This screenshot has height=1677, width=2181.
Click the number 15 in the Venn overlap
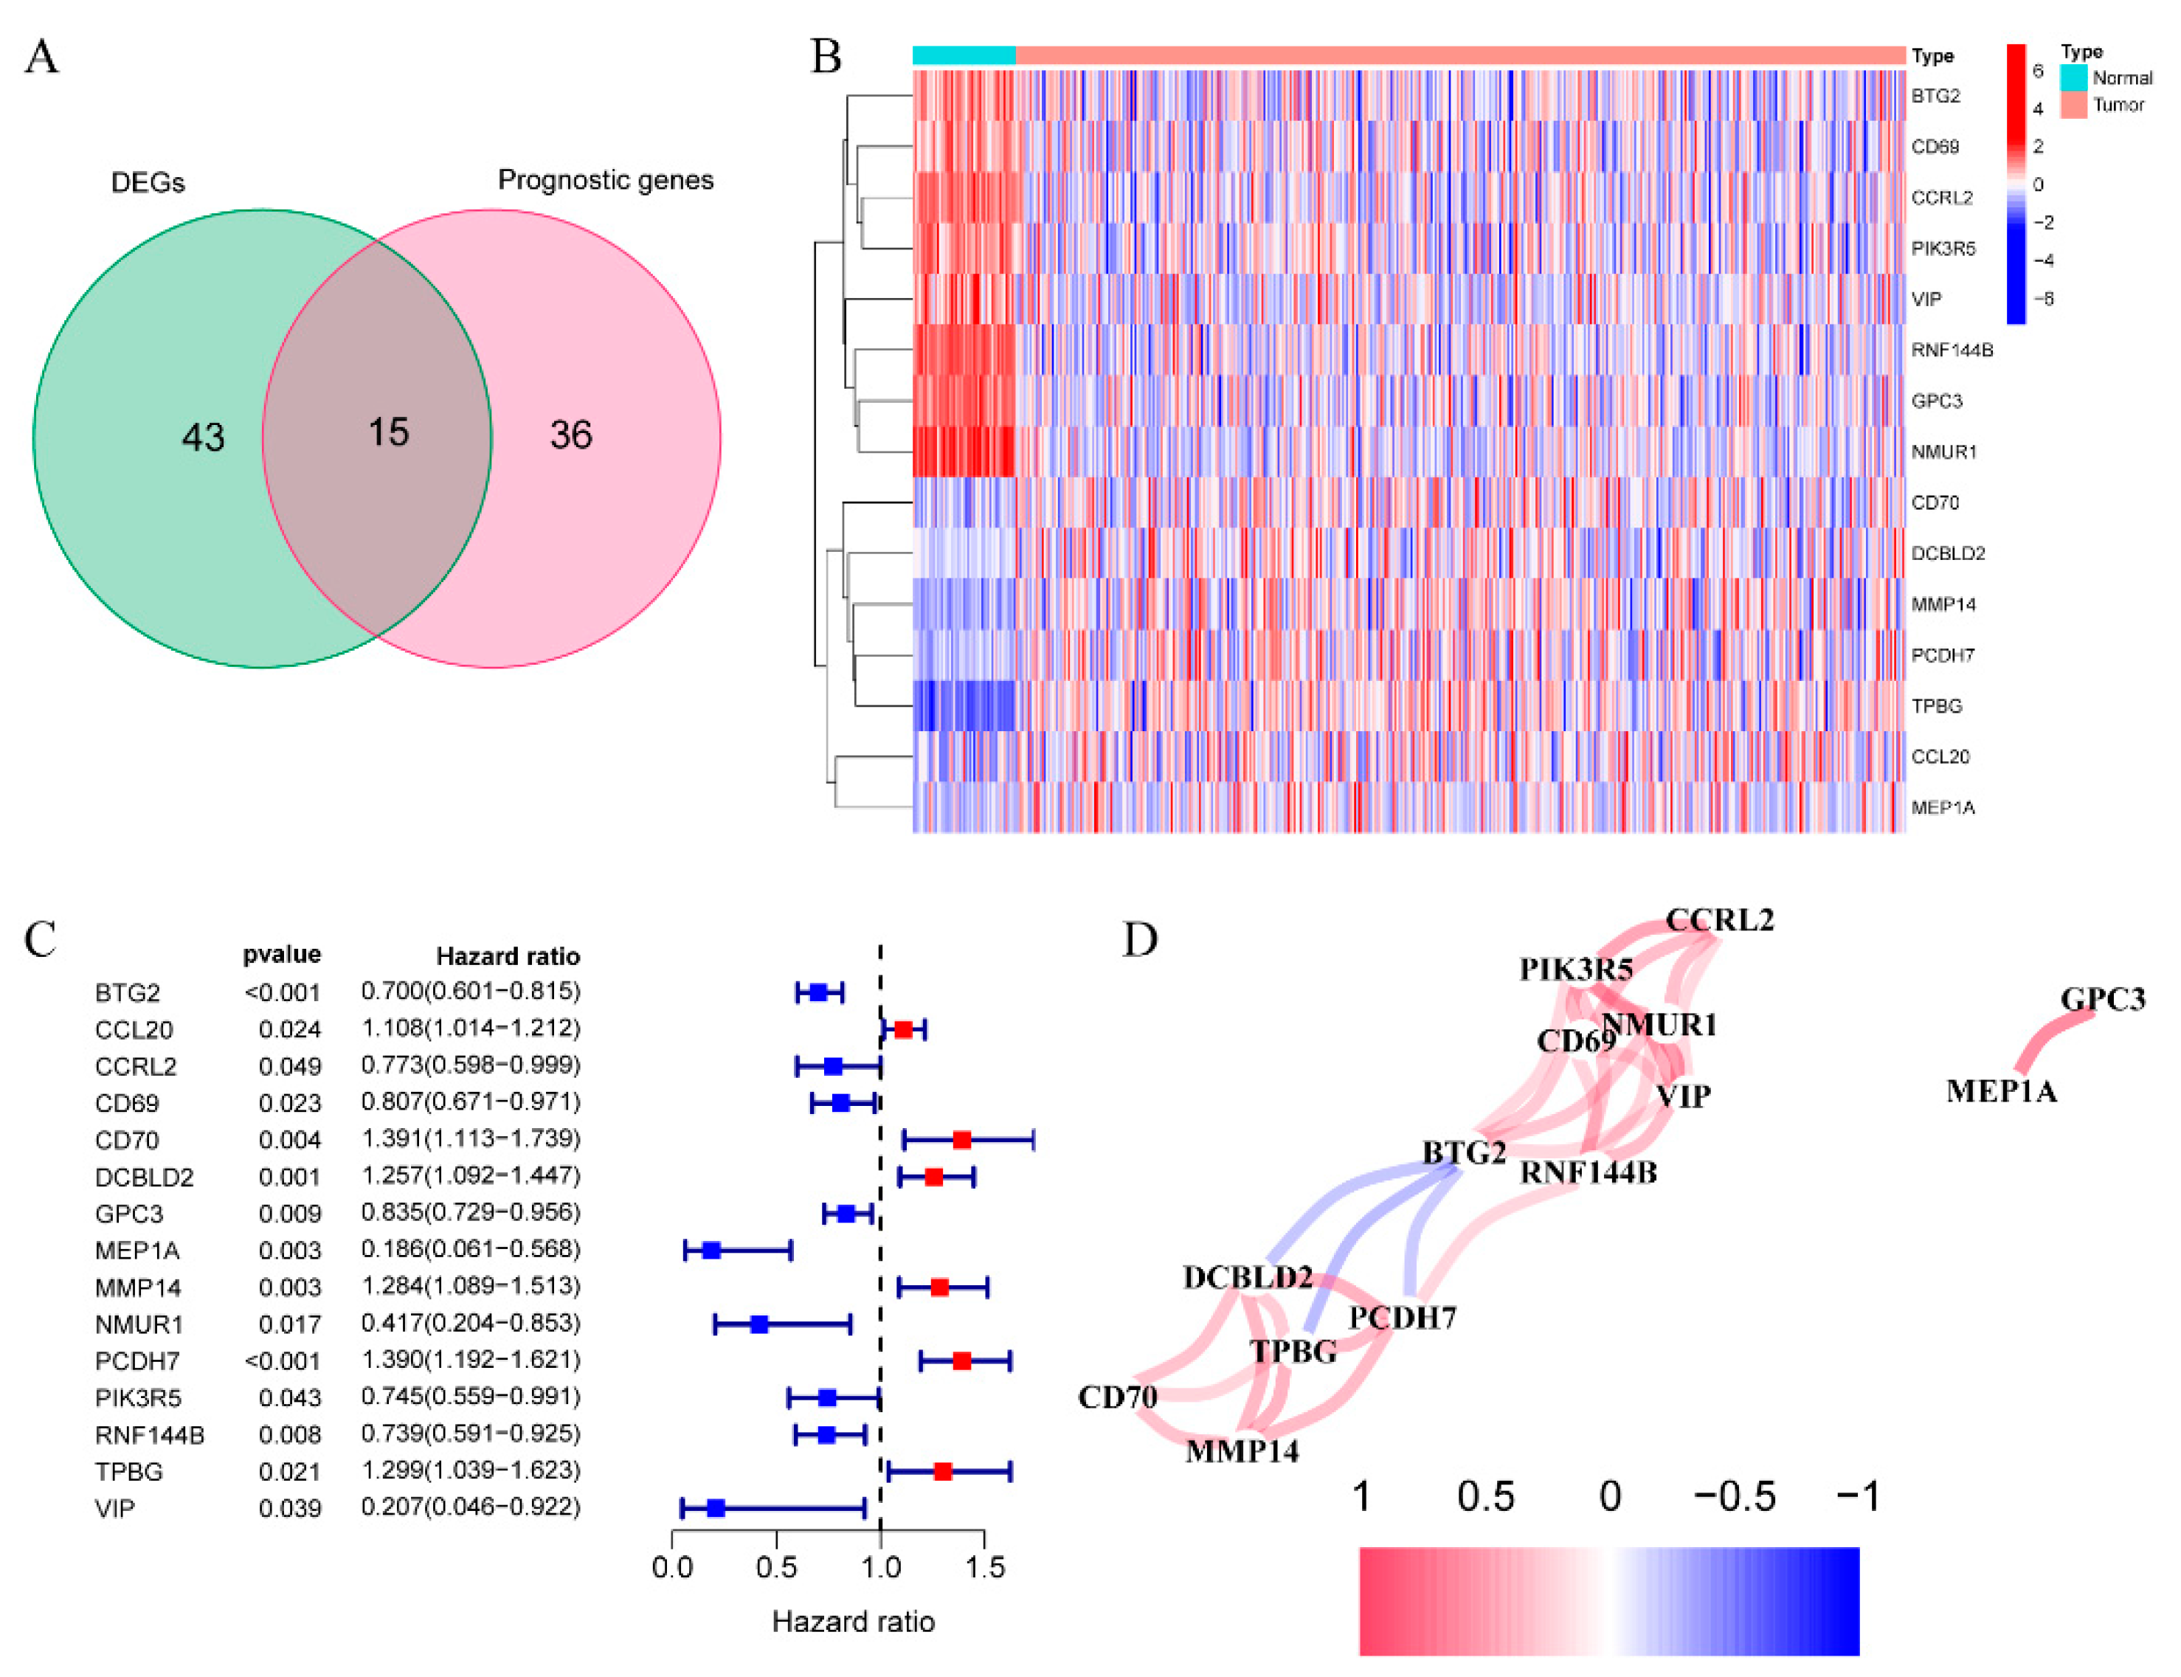click(x=387, y=432)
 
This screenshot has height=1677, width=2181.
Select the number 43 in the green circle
click(x=203, y=438)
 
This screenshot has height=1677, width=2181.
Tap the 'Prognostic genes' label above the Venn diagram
click(x=605, y=181)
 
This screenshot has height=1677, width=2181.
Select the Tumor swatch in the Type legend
click(x=2073, y=105)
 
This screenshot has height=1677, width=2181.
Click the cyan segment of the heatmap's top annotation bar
click(x=964, y=56)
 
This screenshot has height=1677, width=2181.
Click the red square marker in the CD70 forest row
click(x=961, y=1140)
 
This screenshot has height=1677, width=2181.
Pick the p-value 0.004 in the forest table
click(x=289, y=1140)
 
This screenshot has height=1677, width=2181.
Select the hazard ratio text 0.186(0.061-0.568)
click(x=470, y=1250)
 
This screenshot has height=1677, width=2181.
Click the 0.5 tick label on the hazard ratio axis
click(x=775, y=1567)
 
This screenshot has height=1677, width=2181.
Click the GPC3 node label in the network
click(x=2102, y=999)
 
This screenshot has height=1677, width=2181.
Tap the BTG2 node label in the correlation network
click(x=1462, y=1153)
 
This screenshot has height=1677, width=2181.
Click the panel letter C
click(x=40, y=939)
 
